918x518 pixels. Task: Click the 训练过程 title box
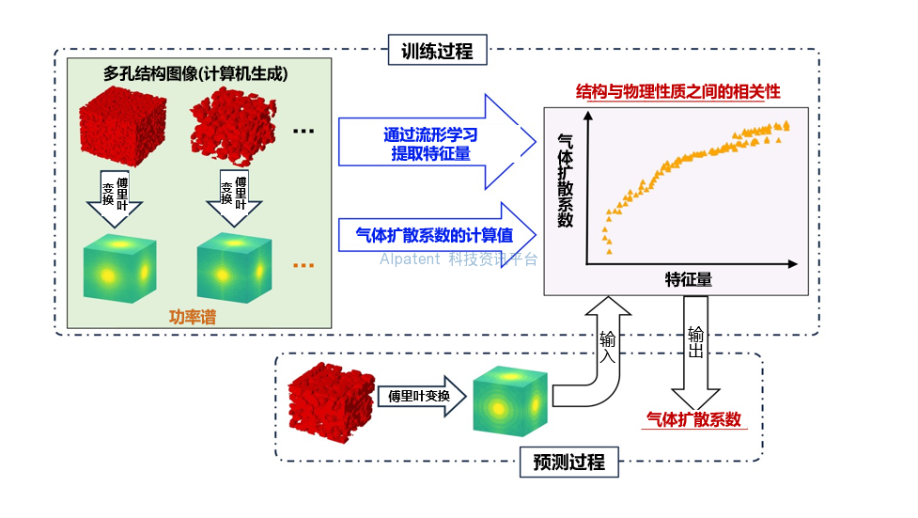pos(438,51)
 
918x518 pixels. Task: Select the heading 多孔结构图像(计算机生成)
pos(195,72)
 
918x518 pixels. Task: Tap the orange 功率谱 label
pos(192,317)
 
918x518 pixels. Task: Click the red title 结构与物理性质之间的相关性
pos(677,93)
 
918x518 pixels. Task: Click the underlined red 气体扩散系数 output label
pos(694,419)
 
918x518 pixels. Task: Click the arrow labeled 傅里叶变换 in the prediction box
pos(420,397)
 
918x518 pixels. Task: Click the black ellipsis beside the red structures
pos(303,131)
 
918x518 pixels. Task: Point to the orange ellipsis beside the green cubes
pos(303,266)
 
